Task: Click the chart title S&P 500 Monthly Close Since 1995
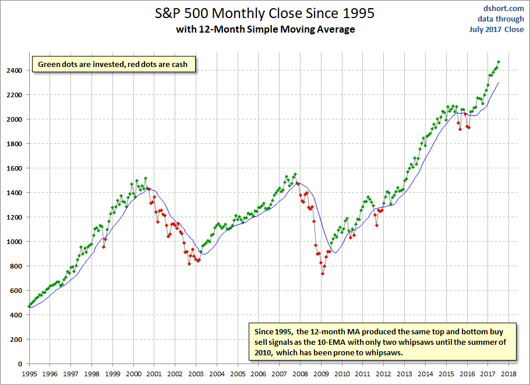265,12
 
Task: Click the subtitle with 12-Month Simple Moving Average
265,29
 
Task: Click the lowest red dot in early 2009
323,274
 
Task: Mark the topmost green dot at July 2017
499,62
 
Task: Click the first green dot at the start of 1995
29,306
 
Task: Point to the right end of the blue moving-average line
499,83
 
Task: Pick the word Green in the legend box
50,64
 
